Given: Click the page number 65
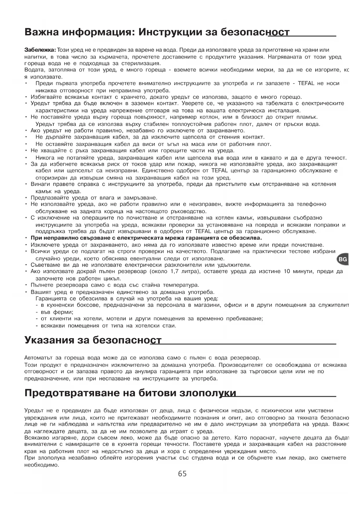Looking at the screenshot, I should coord(182,474).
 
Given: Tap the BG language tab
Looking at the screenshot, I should coord(343,259).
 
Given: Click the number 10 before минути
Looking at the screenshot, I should coord(287,271).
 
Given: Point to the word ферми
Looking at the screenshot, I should coord(62,312).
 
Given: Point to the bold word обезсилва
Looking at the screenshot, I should coord(247,238).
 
